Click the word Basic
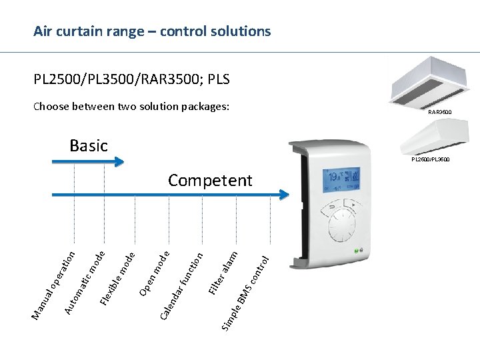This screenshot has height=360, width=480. coord(88,145)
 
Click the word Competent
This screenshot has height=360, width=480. coord(210,181)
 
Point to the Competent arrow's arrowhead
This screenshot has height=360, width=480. coord(285,195)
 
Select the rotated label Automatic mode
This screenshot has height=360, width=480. coord(85,280)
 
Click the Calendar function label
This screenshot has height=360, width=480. coord(182,284)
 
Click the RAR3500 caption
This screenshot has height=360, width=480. coord(439,112)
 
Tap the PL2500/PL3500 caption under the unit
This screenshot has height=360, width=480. coord(430,159)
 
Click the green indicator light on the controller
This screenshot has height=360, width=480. coord(357,251)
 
